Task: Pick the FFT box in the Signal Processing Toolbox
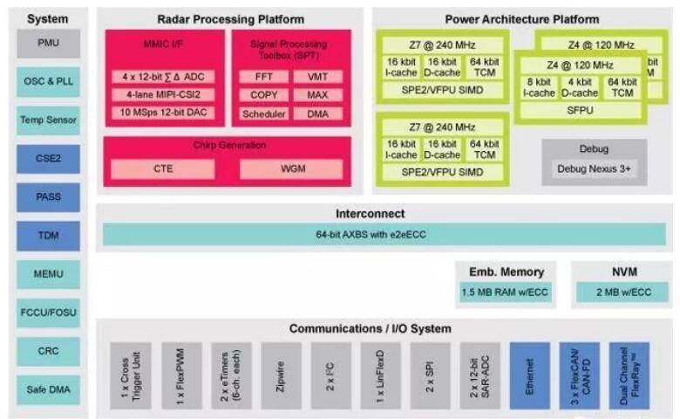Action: [259, 76]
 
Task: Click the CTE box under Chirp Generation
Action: [162, 168]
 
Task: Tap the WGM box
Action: [290, 168]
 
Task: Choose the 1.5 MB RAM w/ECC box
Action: [507, 292]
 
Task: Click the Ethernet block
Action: [529, 375]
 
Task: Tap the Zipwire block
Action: [281, 375]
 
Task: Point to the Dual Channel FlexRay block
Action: [629, 375]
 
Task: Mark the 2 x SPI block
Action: [430, 375]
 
